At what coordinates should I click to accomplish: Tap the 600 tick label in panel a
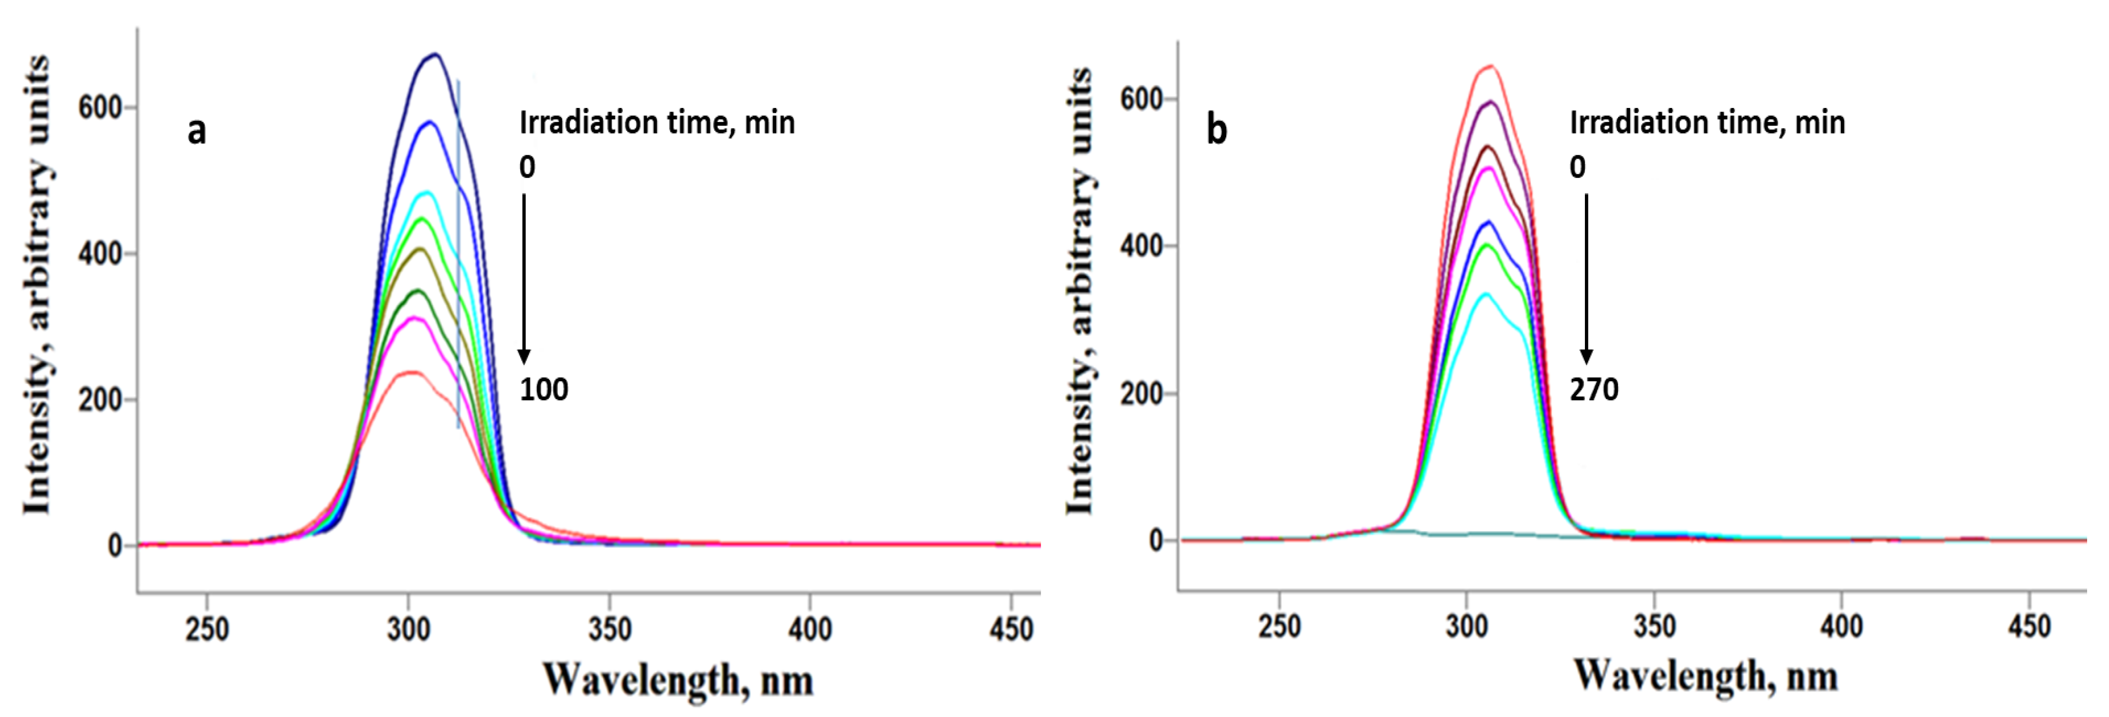pyautogui.click(x=100, y=107)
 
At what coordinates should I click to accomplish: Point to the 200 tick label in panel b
pyautogui.click(x=1142, y=394)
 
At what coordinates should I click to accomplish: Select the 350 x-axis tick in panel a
pyautogui.click(x=610, y=628)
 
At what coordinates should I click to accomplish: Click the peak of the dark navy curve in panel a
pyautogui.click(x=435, y=55)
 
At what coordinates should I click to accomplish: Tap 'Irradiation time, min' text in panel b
pyautogui.click(x=1707, y=123)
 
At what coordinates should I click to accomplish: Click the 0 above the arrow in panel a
pyautogui.click(x=527, y=167)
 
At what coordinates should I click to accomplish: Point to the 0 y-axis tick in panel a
pyautogui.click(x=115, y=546)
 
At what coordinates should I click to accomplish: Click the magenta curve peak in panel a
pyautogui.click(x=414, y=318)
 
